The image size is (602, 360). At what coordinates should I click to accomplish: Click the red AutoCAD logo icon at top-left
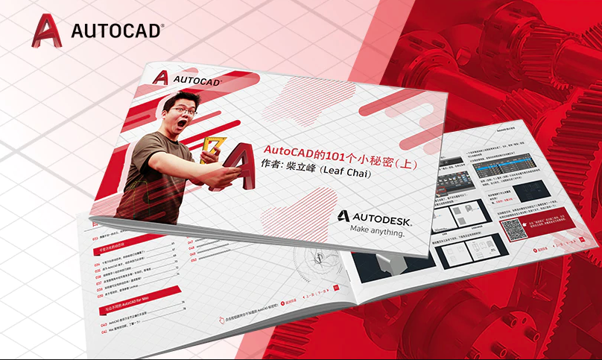coord(46,31)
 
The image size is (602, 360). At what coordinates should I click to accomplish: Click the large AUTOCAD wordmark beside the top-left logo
coord(116,31)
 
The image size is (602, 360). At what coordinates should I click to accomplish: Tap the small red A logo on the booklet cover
coord(160,76)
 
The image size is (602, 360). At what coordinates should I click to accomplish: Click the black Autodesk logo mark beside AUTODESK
coord(342,216)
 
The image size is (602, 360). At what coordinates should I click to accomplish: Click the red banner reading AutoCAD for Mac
coord(138,307)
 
